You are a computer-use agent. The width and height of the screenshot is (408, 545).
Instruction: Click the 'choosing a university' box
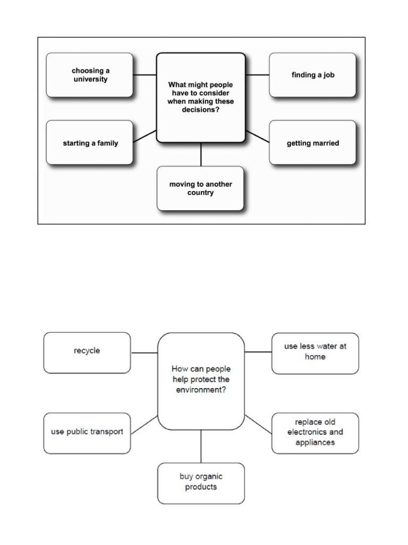click(x=89, y=75)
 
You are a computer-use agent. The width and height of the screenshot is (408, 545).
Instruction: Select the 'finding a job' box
click(x=312, y=75)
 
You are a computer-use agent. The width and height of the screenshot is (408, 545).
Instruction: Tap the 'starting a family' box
click(x=89, y=143)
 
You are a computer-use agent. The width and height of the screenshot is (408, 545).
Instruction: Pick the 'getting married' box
click(x=312, y=143)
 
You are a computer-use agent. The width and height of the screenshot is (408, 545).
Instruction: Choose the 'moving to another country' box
click(x=200, y=188)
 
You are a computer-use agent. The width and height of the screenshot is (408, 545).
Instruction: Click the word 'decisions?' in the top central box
click(x=200, y=110)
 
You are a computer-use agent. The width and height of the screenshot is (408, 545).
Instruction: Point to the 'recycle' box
click(x=87, y=352)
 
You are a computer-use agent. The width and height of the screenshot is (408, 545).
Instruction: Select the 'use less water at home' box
click(x=315, y=352)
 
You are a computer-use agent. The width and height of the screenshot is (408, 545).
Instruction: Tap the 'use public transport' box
click(x=87, y=432)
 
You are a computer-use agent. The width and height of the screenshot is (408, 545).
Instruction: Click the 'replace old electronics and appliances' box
click(x=315, y=432)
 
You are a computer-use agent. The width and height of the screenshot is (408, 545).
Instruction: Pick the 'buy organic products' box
click(x=201, y=482)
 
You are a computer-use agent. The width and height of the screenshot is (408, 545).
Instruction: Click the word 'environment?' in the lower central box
click(x=201, y=390)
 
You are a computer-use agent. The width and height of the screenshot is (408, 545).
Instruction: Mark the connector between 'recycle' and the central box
click(x=144, y=352)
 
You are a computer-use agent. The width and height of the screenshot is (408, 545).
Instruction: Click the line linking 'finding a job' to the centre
click(x=257, y=75)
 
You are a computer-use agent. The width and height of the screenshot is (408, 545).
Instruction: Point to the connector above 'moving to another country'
click(x=201, y=154)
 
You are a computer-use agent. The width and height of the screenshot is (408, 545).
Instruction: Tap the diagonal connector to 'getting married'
click(x=258, y=136)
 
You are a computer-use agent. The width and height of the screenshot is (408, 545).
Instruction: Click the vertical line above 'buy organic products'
click(x=201, y=446)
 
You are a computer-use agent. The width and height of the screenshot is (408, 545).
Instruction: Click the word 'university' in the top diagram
click(x=90, y=80)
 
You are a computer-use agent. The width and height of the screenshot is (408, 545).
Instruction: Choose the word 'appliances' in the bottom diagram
click(x=315, y=442)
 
